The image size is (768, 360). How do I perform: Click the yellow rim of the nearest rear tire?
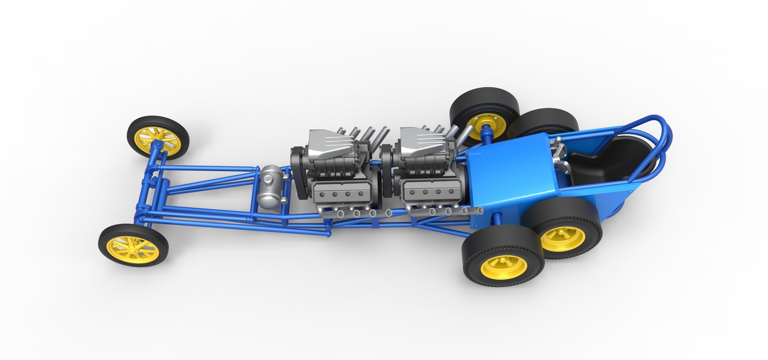504,267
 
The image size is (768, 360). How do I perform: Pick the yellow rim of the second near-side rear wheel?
563,238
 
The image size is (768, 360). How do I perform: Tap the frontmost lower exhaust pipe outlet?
341,214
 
